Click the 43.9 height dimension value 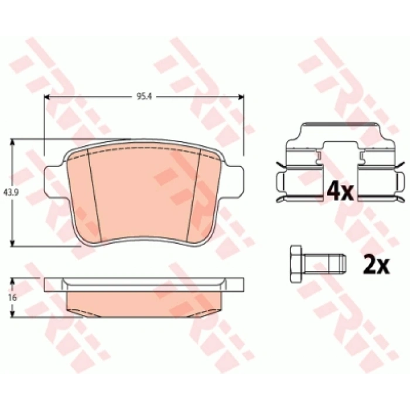point(9,193)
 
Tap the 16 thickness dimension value point(12,298)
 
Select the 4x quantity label point(340,192)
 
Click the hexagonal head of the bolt point(296,264)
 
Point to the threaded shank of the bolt point(324,264)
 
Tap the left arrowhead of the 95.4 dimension point(47,97)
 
